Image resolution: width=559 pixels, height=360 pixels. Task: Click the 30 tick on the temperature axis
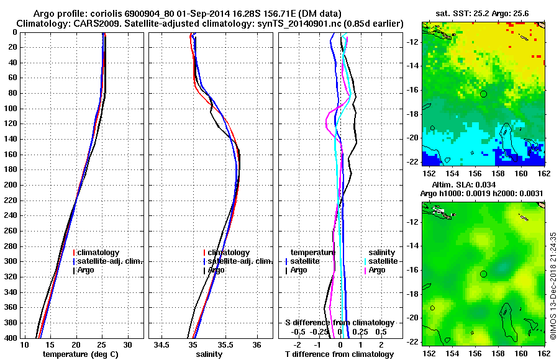coord(127,345)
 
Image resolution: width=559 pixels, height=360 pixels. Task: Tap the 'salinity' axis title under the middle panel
coord(209,354)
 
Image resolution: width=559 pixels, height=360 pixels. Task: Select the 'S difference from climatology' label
coord(339,323)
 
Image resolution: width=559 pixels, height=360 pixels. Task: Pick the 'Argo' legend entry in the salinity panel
coord(216,270)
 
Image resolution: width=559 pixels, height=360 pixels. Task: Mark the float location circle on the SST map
coord(483,94)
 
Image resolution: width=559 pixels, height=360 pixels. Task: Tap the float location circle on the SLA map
coord(483,274)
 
